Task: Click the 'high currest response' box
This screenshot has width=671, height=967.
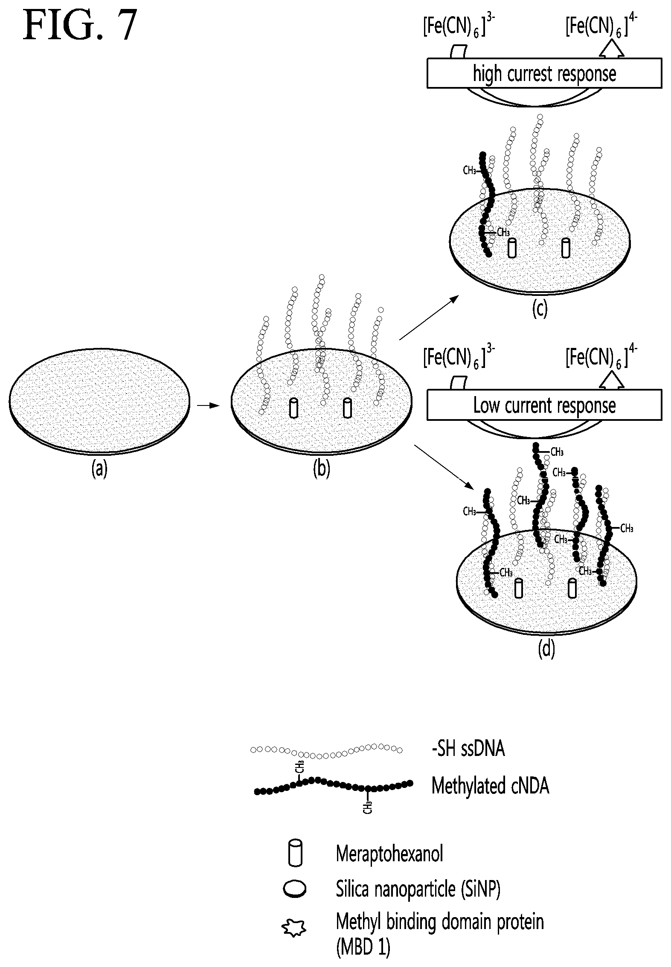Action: coord(544,73)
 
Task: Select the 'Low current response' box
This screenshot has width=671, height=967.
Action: coord(544,405)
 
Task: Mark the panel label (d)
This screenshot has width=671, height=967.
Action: coord(546,649)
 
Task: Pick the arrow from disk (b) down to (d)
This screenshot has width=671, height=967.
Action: coord(444,467)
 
